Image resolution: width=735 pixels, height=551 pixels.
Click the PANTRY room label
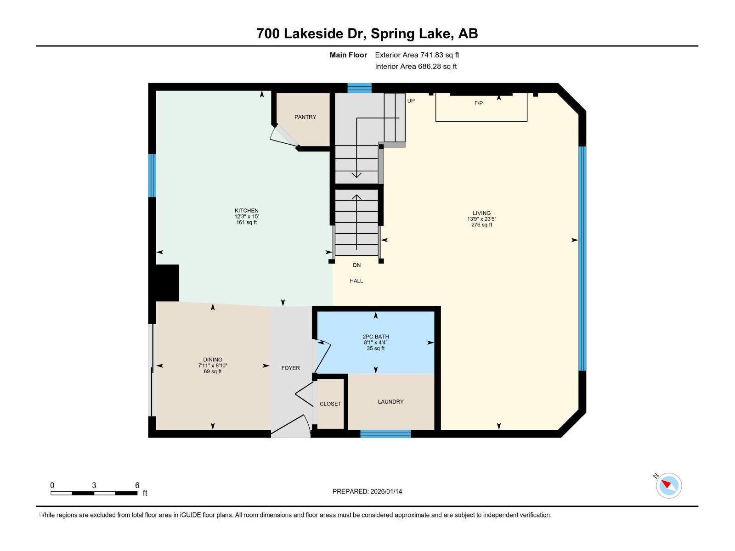click(x=305, y=117)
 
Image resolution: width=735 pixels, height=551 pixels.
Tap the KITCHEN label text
click(x=247, y=211)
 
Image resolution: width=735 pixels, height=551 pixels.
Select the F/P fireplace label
click(x=478, y=103)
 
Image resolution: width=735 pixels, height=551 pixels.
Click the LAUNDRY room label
click(x=390, y=402)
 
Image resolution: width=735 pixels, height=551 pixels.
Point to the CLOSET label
click(x=330, y=404)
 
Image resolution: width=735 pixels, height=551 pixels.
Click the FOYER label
click(x=290, y=368)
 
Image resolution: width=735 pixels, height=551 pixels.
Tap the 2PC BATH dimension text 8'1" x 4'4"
click(x=376, y=343)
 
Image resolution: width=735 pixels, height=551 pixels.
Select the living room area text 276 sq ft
click(x=481, y=225)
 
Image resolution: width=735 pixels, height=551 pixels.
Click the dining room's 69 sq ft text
click(x=213, y=371)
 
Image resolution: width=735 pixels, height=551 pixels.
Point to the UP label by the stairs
click(x=411, y=101)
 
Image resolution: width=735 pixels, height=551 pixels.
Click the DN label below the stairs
click(x=356, y=265)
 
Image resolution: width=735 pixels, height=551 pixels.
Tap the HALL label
click(x=356, y=281)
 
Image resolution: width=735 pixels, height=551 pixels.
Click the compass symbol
click(x=668, y=485)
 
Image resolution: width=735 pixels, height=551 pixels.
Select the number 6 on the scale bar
click(x=137, y=485)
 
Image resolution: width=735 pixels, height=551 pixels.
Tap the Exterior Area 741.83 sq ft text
click(x=417, y=55)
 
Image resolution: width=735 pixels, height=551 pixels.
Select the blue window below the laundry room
click(x=385, y=434)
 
